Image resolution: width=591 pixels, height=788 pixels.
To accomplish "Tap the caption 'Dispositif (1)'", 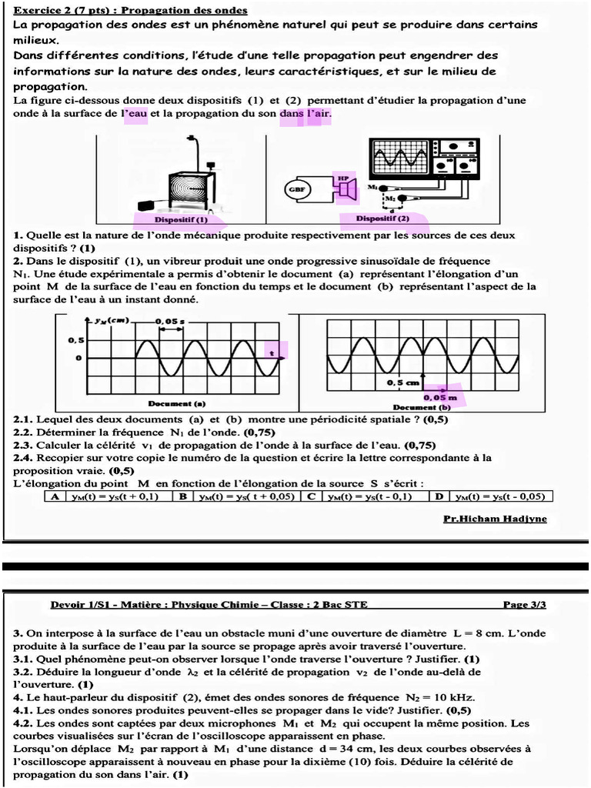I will (181, 218).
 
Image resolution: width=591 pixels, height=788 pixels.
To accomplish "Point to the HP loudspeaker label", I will (343, 178).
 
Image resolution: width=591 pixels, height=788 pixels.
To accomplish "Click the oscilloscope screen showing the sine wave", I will (399, 157).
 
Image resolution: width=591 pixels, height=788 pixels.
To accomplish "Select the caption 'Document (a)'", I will (176, 402).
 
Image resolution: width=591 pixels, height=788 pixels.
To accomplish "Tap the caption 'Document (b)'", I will (422, 406).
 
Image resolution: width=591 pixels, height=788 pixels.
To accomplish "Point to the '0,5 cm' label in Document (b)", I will (402, 382).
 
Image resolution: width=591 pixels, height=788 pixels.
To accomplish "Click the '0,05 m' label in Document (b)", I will (439, 397).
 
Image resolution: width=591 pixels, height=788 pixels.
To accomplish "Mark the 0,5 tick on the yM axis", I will (75, 339).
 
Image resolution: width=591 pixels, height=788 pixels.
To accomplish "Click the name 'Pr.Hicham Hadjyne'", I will (495, 519).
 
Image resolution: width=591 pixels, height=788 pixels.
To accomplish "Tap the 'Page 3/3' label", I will (524, 605).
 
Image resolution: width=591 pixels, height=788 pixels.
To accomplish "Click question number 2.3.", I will (23, 445).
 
